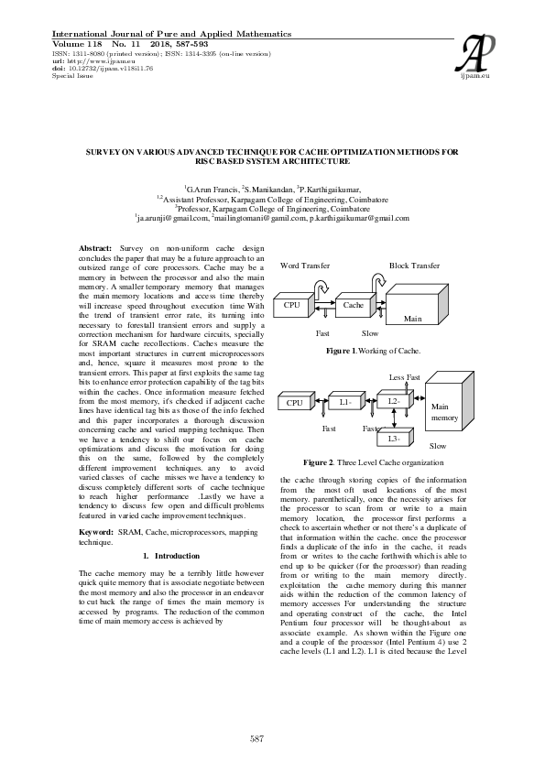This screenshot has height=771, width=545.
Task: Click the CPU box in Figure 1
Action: (x=293, y=306)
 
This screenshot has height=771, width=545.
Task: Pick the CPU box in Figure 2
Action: (x=295, y=428)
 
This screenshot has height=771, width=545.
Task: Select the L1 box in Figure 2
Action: (x=344, y=428)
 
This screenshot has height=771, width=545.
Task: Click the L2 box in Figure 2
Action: (x=393, y=427)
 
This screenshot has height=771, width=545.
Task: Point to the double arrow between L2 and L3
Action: (x=393, y=447)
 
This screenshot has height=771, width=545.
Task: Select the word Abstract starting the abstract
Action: (x=95, y=249)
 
